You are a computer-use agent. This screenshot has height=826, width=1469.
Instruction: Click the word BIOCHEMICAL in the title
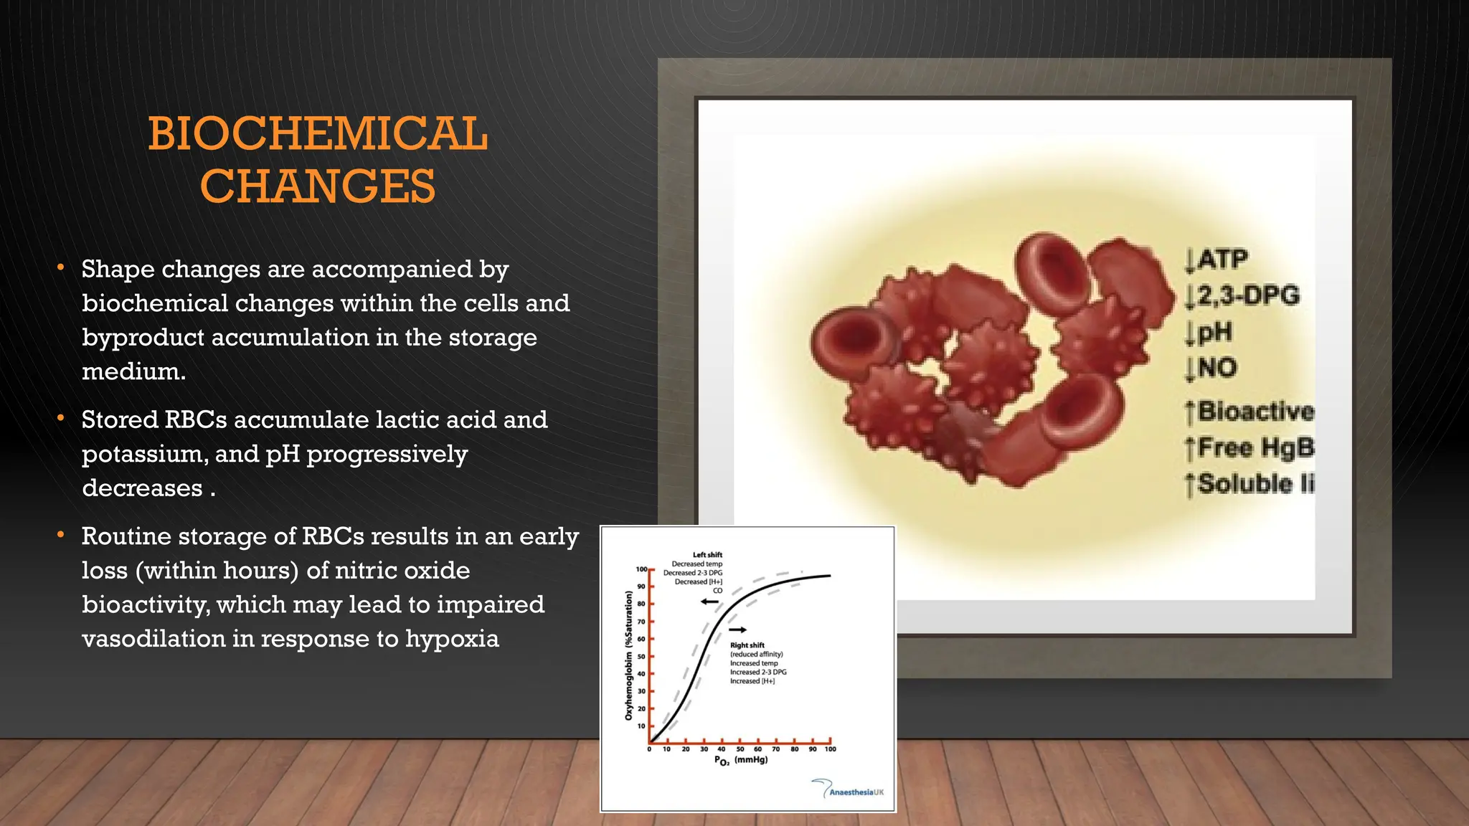(318, 134)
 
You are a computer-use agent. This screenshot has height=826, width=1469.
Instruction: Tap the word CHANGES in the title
(318, 186)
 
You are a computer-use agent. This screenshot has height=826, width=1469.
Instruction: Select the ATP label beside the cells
(1222, 259)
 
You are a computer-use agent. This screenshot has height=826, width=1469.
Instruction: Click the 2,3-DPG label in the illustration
(1247, 295)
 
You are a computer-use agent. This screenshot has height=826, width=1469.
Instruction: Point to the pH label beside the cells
(1214, 332)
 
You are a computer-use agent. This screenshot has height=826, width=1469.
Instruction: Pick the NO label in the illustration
(1217, 368)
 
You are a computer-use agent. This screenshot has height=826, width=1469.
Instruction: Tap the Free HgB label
(1255, 447)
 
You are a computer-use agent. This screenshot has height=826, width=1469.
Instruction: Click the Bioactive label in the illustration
(1255, 412)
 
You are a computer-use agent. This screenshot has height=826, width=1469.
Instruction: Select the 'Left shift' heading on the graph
(707, 555)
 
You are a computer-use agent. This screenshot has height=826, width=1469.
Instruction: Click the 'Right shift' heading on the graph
(747, 645)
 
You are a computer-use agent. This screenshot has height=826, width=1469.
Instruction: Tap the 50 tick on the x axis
(740, 749)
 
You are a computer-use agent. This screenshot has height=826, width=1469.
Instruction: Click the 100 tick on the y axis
(641, 569)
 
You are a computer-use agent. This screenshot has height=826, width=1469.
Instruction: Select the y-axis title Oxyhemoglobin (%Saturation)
(629, 655)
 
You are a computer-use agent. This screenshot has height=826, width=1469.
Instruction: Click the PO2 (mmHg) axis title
(741, 761)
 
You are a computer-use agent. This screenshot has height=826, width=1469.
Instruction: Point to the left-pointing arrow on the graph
(709, 602)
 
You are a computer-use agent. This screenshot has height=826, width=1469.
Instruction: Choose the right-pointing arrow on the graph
(738, 630)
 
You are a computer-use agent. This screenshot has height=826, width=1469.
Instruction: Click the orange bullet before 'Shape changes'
(62, 269)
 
